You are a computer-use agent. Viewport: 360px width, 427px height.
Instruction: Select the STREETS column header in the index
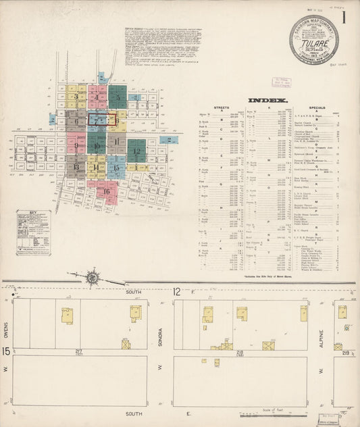221,107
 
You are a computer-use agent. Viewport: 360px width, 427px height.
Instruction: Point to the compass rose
93,277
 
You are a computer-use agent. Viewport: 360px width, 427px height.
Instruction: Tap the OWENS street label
6,316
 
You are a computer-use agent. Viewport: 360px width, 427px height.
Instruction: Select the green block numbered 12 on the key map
136,150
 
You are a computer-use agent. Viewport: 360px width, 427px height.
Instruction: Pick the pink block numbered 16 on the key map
107,192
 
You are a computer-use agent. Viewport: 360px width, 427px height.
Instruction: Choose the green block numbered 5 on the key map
118,97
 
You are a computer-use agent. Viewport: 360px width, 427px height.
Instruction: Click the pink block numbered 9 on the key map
76,144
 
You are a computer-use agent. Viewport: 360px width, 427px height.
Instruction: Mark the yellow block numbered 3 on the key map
76,97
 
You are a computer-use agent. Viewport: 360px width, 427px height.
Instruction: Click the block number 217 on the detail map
80,351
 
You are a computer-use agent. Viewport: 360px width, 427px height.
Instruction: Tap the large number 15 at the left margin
5,351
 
